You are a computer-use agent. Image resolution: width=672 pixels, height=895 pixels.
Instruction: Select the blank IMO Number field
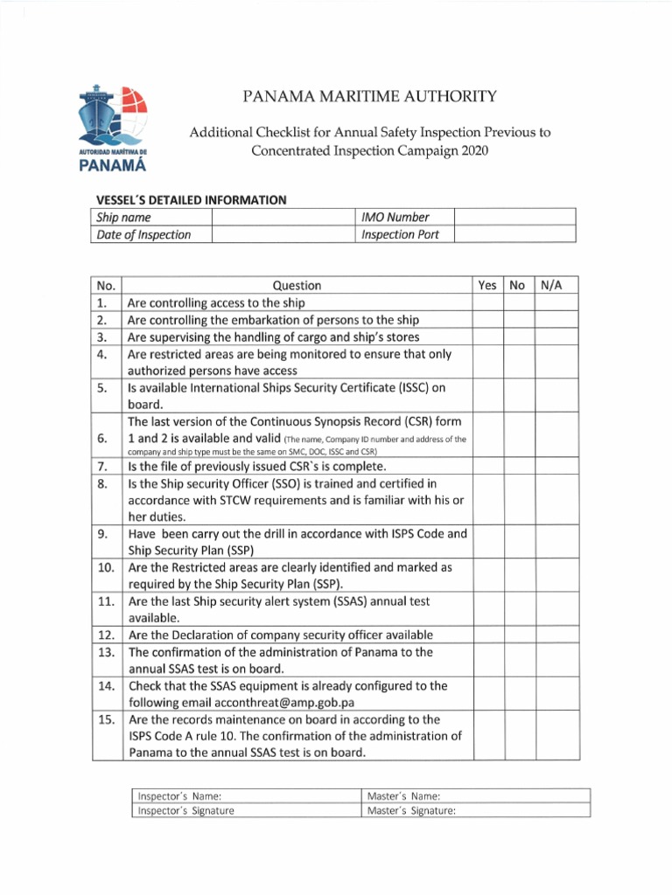point(514,217)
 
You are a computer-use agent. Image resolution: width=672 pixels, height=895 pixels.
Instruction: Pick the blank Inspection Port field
point(514,234)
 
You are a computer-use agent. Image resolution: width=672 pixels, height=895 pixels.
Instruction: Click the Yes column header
point(487,285)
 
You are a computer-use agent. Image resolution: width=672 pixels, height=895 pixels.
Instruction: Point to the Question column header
point(297,285)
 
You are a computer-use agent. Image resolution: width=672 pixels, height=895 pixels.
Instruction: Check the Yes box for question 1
point(487,302)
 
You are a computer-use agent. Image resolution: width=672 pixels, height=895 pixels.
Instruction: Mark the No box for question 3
point(518,336)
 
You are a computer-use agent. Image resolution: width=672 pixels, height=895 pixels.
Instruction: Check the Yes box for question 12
point(487,635)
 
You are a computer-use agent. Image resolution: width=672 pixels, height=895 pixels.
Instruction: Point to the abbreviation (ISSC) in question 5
point(400,387)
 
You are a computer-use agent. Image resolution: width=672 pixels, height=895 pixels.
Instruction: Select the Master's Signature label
point(411,810)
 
